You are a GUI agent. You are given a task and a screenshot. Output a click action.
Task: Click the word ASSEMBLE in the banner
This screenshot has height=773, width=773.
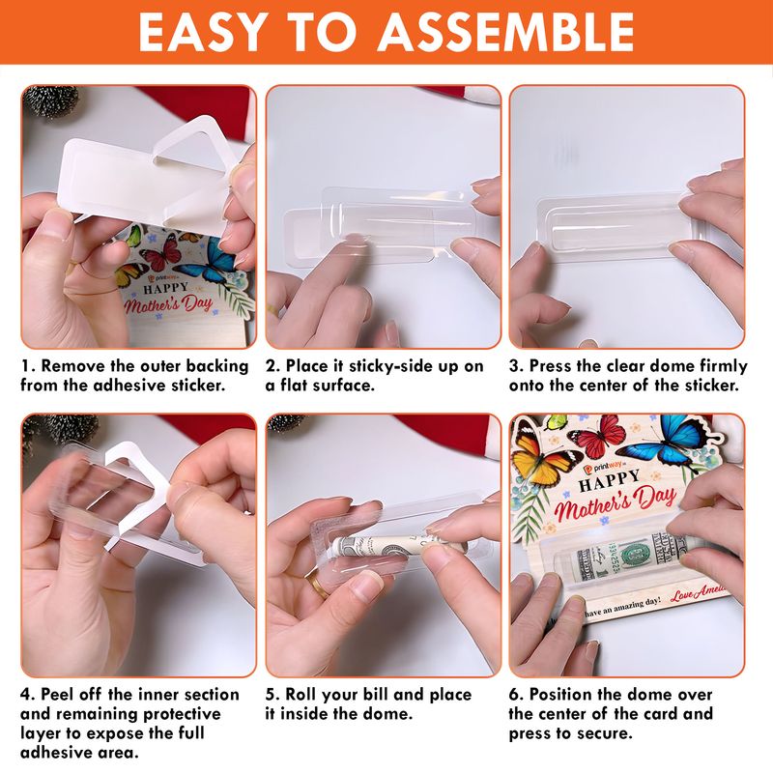[x=506, y=32]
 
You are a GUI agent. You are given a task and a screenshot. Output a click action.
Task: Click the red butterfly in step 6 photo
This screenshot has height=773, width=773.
[x=596, y=435]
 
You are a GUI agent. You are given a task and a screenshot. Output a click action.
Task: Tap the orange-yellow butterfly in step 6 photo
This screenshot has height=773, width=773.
[x=539, y=457]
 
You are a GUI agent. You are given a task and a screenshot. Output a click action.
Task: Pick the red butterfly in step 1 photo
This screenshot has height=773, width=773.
[x=161, y=251]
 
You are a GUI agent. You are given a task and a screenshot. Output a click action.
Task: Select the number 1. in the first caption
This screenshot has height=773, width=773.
[x=29, y=366]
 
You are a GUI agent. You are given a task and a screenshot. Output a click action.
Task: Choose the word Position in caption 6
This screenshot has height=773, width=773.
[x=560, y=695]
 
